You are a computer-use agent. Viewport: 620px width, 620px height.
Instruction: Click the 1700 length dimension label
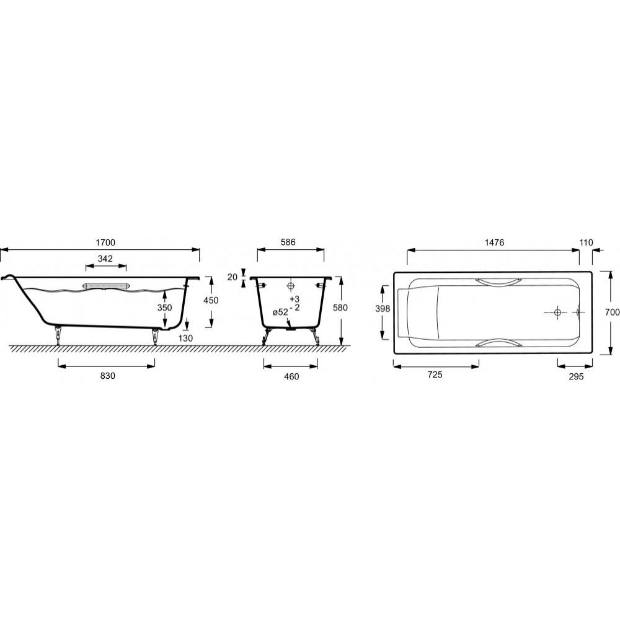pyautogui.click(x=105, y=242)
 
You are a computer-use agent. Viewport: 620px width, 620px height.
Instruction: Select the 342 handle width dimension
pyautogui.click(x=105, y=259)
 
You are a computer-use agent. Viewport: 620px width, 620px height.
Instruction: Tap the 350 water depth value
pyautogui.click(x=164, y=308)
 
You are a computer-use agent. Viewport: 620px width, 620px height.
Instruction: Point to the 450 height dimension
pyautogui.click(x=211, y=300)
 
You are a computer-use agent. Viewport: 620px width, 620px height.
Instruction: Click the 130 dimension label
pyautogui.click(x=185, y=338)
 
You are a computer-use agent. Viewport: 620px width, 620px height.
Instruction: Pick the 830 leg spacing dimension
pyautogui.click(x=107, y=376)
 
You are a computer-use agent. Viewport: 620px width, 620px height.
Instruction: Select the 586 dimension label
pyautogui.click(x=288, y=242)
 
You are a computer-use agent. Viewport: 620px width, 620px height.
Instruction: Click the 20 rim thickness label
pyautogui.click(x=232, y=277)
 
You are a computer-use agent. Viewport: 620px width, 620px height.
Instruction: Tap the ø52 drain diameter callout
pyautogui.click(x=280, y=312)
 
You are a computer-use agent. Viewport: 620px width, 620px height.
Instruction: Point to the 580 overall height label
pyautogui.click(x=340, y=308)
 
